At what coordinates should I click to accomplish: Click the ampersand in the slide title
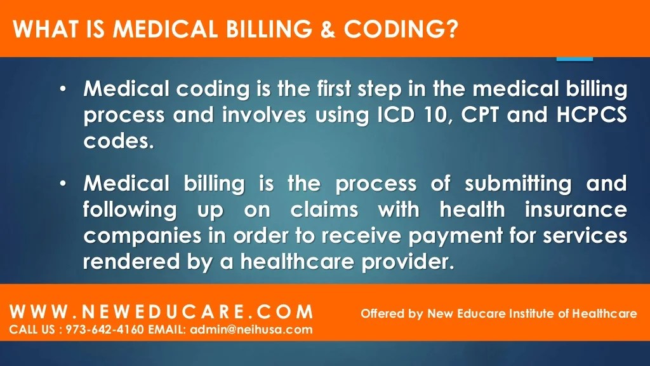coord(328,29)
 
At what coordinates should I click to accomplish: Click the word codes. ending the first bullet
coord(119,140)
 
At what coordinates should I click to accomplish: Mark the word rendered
coord(128,261)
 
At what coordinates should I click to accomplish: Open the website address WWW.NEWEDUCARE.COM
coord(162,313)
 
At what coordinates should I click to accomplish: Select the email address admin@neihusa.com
coord(251,329)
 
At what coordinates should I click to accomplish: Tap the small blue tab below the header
coord(574,58)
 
